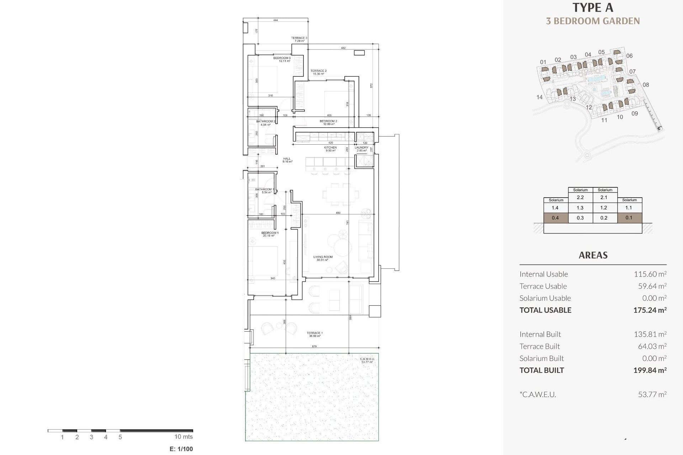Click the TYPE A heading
click(593, 7)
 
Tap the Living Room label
click(323, 258)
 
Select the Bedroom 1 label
click(270, 234)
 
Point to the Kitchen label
click(330, 149)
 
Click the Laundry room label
click(361, 149)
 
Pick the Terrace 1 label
click(314, 334)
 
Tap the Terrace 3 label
click(299, 39)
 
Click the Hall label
click(287, 160)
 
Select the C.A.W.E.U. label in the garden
click(367, 360)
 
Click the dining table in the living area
click(340, 194)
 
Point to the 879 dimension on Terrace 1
click(314, 346)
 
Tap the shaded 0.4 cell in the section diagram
click(555, 218)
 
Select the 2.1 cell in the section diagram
click(604, 197)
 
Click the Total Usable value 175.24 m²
click(650, 310)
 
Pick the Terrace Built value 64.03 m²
click(652, 346)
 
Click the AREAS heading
click(593, 255)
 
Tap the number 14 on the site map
click(539, 97)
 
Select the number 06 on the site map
click(629, 56)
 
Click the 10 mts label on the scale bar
click(183, 437)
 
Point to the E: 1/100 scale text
click(181, 449)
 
